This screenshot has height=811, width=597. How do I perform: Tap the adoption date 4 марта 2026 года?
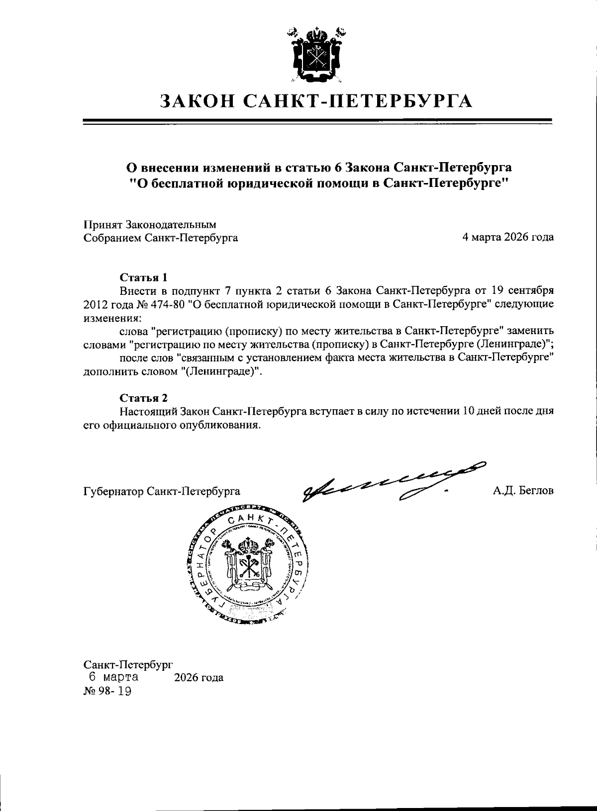(508, 238)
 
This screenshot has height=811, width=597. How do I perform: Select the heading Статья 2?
(143, 398)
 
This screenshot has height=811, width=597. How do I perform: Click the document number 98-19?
(115, 692)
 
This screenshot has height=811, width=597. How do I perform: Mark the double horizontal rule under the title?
(317, 121)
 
